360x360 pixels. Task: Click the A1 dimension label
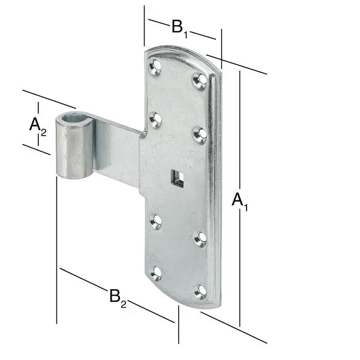239,202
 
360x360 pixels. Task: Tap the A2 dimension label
38,126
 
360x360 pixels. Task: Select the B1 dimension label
180,28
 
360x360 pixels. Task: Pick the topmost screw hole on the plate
155,67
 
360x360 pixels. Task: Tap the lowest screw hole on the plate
200,292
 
